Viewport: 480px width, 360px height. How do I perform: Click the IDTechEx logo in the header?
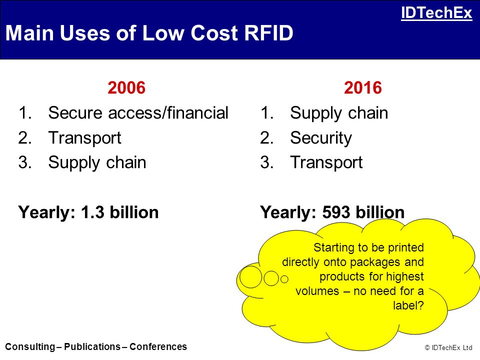(x=436, y=13)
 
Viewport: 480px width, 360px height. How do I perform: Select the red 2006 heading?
(x=126, y=88)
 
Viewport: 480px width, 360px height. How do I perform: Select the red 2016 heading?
(x=363, y=88)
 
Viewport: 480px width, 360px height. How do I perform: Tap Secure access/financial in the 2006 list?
(x=138, y=112)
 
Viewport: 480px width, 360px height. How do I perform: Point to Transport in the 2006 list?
(x=85, y=138)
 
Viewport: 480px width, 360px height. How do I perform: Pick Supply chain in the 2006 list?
(x=97, y=162)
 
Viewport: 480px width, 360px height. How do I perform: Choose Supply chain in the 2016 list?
(x=339, y=113)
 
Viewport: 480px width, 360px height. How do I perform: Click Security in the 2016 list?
(x=321, y=138)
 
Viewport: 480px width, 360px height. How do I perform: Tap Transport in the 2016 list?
(x=326, y=162)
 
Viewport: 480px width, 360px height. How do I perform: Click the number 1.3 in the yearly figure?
(x=92, y=212)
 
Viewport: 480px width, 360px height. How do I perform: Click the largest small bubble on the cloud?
(x=250, y=277)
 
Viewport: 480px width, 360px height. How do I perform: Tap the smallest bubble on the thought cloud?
(x=284, y=279)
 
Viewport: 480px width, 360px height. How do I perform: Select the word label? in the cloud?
(x=408, y=305)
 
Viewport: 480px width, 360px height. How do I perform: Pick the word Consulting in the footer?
(x=30, y=346)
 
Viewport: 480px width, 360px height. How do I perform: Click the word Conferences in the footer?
(x=158, y=346)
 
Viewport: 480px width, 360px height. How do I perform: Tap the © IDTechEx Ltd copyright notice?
(x=448, y=347)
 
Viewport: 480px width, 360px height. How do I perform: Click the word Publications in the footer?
(x=92, y=346)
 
